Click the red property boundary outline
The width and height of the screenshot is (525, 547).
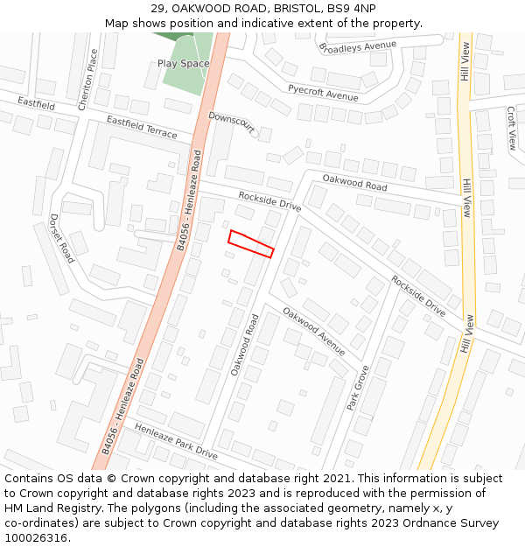pos(251,243)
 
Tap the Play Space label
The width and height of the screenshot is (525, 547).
pos(184,63)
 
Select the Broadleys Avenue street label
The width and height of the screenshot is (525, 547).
pos(358,45)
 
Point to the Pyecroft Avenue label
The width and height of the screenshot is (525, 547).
pos(323,91)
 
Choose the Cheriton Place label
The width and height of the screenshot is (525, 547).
pos(88,78)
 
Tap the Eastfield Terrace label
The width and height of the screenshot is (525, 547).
pos(142,127)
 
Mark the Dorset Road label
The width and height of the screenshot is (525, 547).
pos(62,238)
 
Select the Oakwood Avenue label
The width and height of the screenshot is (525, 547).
pos(313,330)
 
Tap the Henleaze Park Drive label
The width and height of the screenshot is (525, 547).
pos(176,441)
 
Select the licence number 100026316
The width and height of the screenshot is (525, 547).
pos(36,538)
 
